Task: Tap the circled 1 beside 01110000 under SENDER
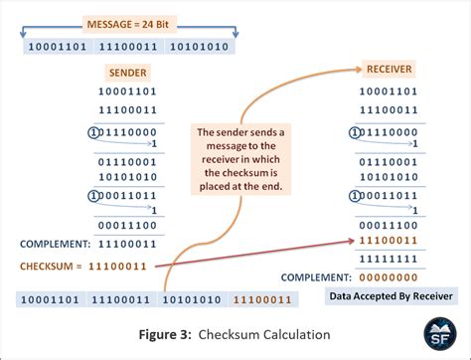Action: coord(93,131)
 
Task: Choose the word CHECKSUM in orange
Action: coord(49,266)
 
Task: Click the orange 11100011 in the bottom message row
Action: coord(261,298)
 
